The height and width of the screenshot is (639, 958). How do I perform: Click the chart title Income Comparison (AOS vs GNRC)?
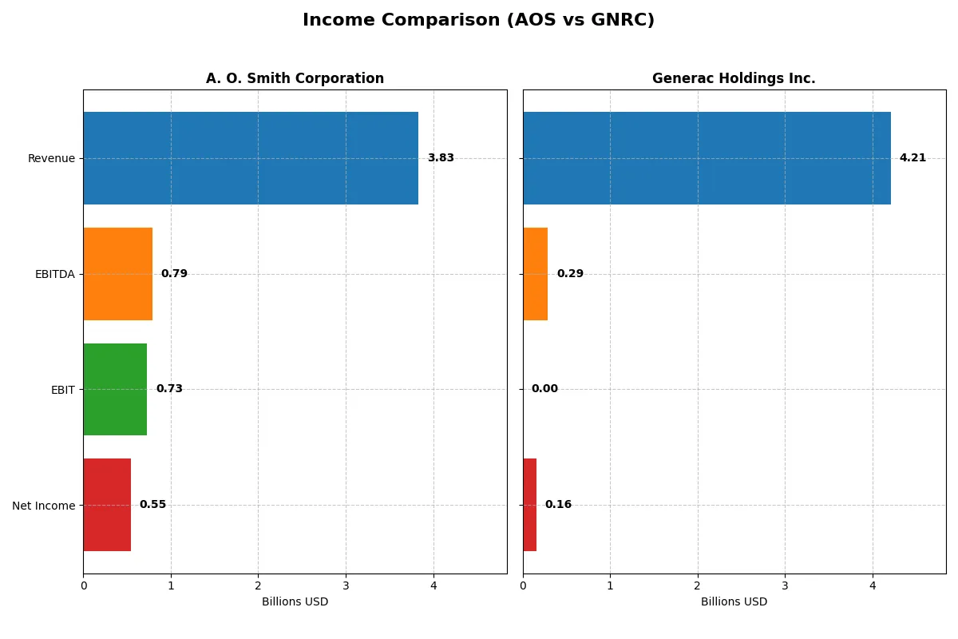478,21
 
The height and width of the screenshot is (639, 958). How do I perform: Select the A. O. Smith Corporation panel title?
295,78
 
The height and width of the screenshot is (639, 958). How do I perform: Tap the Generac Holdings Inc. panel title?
734,78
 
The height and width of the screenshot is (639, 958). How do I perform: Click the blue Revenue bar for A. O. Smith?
251,158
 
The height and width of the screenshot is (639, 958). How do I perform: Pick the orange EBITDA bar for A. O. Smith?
117,274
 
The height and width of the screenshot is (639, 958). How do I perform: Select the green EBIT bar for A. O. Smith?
115,389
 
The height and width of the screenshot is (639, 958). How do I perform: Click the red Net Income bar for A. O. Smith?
107,505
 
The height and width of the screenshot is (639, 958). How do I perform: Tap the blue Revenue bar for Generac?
707,158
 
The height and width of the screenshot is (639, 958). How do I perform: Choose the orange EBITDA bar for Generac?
535,274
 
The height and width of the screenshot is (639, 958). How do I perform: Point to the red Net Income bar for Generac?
529,505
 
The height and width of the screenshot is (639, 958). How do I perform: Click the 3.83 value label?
441,158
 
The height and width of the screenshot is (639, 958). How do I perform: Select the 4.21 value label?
912,158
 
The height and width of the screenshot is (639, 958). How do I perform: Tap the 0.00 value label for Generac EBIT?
544,389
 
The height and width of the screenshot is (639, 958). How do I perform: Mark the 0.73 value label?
169,389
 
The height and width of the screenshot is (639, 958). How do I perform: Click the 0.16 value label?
558,505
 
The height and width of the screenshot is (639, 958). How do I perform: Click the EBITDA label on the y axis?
54,274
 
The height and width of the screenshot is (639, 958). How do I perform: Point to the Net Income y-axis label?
44,505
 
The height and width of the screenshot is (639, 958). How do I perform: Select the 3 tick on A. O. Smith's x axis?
346,585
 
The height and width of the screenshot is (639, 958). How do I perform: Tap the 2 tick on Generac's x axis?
698,585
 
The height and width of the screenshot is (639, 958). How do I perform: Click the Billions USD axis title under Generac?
734,602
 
